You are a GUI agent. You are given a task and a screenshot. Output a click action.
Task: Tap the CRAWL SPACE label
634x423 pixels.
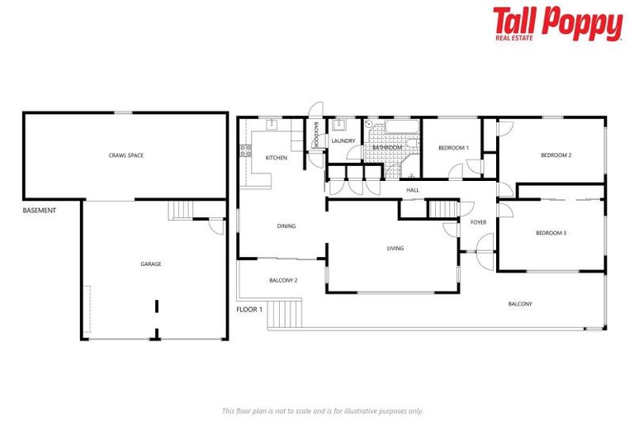pyautogui.click(x=125, y=154)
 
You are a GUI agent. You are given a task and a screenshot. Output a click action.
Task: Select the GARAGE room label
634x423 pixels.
pyautogui.click(x=150, y=264)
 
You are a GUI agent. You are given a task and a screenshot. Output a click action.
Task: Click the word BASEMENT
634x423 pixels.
pyautogui.click(x=39, y=211)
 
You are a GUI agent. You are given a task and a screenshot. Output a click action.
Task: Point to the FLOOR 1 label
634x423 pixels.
pyautogui.click(x=249, y=309)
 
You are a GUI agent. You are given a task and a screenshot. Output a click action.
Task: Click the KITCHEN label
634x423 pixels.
pyautogui.click(x=276, y=158)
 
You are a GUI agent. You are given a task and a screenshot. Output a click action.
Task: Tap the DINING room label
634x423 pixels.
pyautogui.click(x=286, y=226)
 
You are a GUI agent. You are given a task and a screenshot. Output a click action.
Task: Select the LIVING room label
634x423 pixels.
pyautogui.click(x=395, y=248)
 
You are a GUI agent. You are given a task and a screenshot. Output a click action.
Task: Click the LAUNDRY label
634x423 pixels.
pyautogui.click(x=343, y=140)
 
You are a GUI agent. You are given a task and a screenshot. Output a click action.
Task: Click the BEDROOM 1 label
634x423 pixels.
pyautogui.click(x=453, y=147)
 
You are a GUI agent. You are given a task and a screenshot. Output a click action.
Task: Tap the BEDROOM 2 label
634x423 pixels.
pyautogui.click(x=556, y=154)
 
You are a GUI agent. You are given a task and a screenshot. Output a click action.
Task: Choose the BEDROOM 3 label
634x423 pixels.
pyautogui.click(x=551, y=233)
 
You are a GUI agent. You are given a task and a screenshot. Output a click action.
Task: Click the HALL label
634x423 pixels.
pyautogui.click(x=413, y=190)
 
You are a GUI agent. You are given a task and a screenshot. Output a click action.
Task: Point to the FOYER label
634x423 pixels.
pyautogui.click(x=478, y=222)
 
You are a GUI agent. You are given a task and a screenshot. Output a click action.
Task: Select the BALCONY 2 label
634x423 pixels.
pyautogui.click(x=283, y=280)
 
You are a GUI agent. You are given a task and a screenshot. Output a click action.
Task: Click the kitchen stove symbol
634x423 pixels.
pyautogui.click(x=244, y=150)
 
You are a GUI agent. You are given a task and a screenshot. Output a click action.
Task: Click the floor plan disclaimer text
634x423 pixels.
pyautogui.click(x=322, y=411)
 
